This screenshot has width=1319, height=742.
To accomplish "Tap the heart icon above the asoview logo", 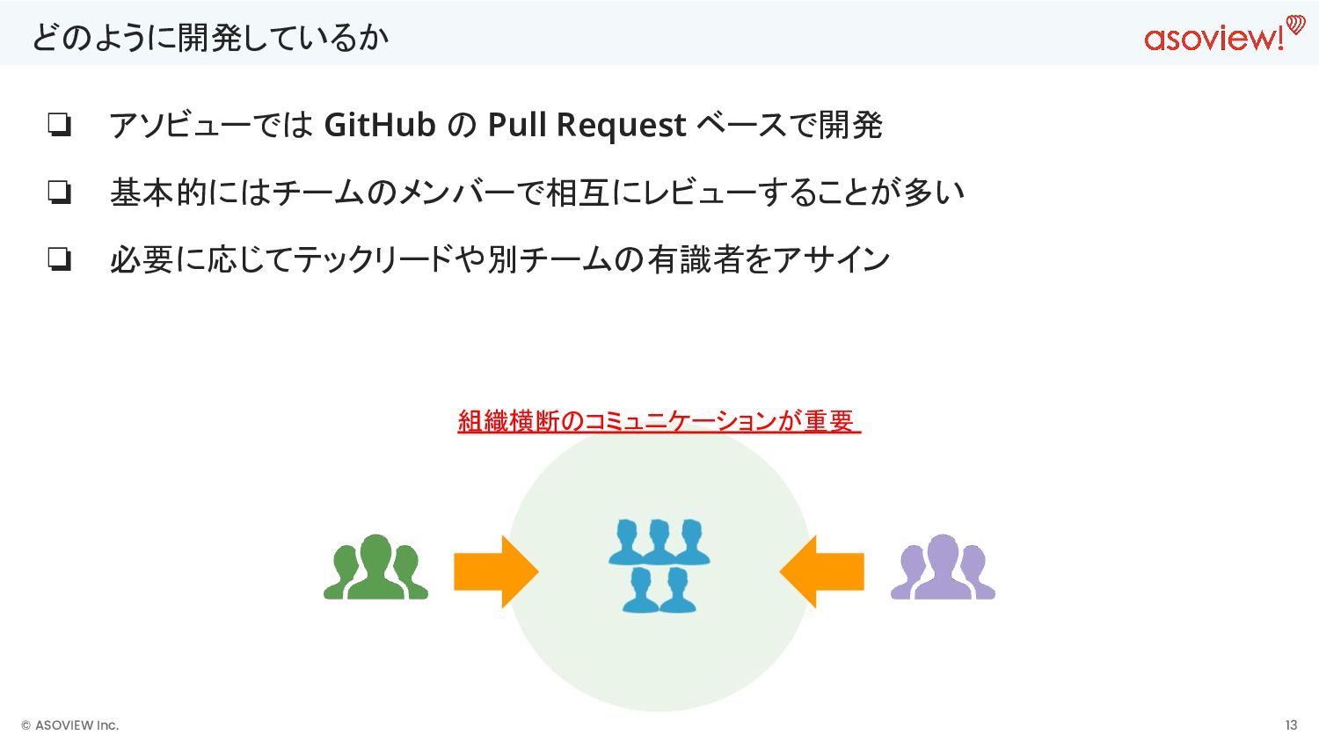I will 1295,25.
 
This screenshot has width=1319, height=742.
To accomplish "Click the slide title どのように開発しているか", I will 210,38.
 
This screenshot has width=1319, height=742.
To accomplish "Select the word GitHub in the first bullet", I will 380,125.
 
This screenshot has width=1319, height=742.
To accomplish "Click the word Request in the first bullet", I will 621,125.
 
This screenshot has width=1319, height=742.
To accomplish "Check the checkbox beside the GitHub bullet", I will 59,125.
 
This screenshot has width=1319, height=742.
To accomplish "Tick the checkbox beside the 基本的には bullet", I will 59,192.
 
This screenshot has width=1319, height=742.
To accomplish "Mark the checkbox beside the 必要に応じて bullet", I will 59,259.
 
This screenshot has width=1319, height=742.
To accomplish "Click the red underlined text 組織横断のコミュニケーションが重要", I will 658,421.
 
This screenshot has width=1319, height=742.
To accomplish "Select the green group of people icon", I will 375,567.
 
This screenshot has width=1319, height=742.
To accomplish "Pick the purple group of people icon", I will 943,567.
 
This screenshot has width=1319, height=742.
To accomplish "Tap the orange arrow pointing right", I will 495,571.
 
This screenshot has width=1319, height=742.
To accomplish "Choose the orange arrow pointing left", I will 822,571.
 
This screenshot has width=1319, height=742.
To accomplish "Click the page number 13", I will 1291,725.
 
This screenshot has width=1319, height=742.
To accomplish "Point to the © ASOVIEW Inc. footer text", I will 70,725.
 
